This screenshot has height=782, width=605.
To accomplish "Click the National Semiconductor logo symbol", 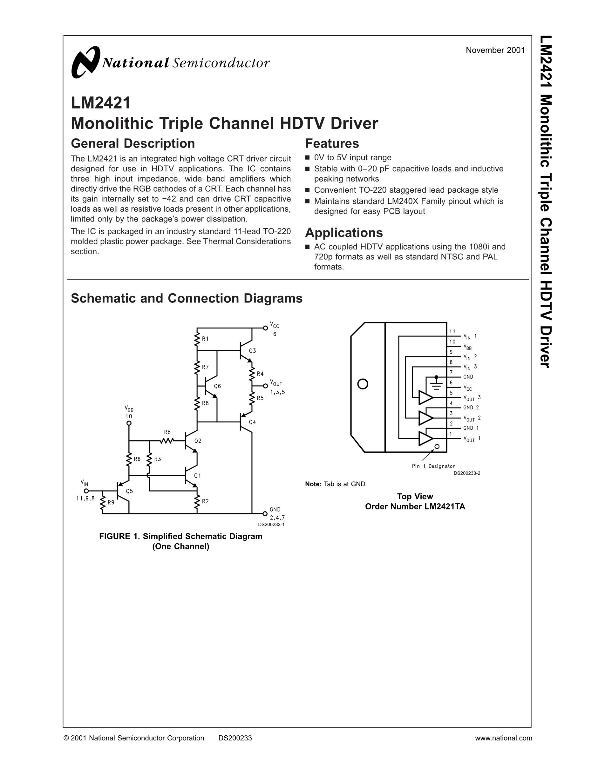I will coord(85,62).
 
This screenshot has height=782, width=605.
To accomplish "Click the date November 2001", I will coord(495,50).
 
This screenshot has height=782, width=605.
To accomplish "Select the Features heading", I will coord(331,143).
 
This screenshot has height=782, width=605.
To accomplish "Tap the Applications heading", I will coord(344,233).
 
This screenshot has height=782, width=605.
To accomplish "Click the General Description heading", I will coord(133,143).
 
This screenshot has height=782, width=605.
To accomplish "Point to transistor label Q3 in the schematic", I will coord(252,351).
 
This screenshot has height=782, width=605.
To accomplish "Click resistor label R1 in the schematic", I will coord(205,339).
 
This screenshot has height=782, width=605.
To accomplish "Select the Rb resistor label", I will coord(167,432).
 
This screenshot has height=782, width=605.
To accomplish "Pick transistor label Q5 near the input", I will coord(129,491).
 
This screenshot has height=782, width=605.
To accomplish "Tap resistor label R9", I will coord(111,502).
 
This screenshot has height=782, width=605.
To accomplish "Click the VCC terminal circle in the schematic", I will coord(265,328).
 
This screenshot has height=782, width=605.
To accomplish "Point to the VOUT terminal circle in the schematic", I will coord(265,386).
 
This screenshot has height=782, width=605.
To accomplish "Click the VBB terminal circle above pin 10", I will coord(129,423).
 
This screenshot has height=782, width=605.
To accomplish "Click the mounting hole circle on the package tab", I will coord(363,384).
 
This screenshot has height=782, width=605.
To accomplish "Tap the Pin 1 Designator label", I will coord(433,466).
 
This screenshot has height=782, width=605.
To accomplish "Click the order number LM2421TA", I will coord(415,507).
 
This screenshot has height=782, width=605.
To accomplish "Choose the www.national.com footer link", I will coord(503,738).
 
